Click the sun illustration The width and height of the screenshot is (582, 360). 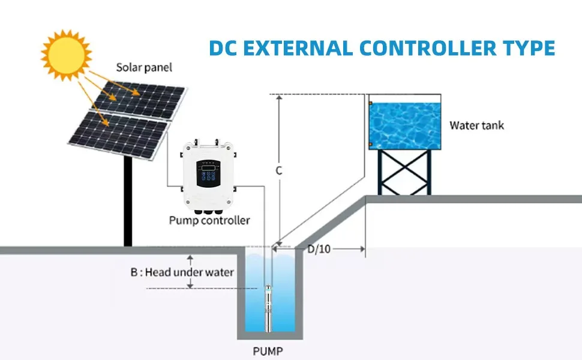coord(67,55)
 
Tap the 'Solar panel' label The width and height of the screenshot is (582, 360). coord(144,68)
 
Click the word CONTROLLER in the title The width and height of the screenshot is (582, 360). coord(428,48)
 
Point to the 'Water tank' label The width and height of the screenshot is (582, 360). coord(476,125)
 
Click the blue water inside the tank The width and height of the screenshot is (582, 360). coord(405,125)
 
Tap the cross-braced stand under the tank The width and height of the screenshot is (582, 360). coord(404,172)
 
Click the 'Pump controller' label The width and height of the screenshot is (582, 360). coord(209,220)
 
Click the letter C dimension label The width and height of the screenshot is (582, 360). coord(279,171)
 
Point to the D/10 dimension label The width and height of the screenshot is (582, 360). coord(319,249)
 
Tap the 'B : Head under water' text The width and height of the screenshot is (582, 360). coord(182,272)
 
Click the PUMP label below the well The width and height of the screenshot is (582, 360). coord(268,351)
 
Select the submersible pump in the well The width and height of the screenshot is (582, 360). coord(268,308)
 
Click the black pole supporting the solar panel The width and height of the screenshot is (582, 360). coord(128,201)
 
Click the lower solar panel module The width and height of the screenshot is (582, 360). coord(119,136)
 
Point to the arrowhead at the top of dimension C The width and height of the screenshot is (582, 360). coord(280,98)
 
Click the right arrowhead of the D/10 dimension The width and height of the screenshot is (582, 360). coord(362,249)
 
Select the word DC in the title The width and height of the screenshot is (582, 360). coord(223,48)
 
